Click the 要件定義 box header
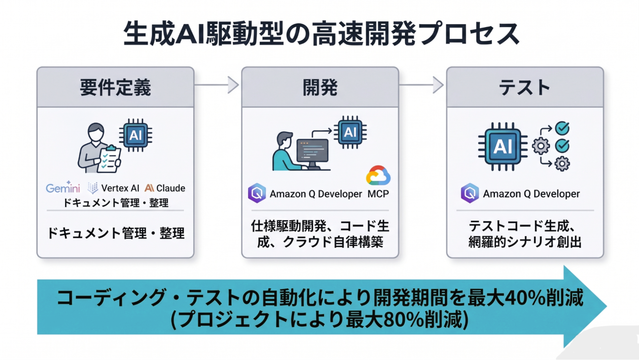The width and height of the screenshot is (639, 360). point(115,87)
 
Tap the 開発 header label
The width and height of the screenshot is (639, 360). point(320,87)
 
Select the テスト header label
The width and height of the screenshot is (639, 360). point(525,87)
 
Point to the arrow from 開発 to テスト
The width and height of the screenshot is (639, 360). point(422,85)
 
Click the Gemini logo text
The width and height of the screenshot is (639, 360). point(63,188)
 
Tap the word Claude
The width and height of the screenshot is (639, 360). point(171,188)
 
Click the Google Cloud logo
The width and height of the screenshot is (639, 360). point(378,176)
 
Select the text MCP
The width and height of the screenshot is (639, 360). point(378,194)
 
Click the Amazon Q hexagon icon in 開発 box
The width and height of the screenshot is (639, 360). point(257,193)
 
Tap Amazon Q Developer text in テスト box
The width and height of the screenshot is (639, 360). point(531,194)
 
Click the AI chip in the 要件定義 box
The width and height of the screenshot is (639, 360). point(135,135)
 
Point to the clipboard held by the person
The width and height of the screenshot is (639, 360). point(109,160)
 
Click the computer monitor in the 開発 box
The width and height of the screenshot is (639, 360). point(312,152)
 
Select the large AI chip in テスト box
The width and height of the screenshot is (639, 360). point(503,147)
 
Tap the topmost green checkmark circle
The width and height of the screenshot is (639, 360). point(562,128)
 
